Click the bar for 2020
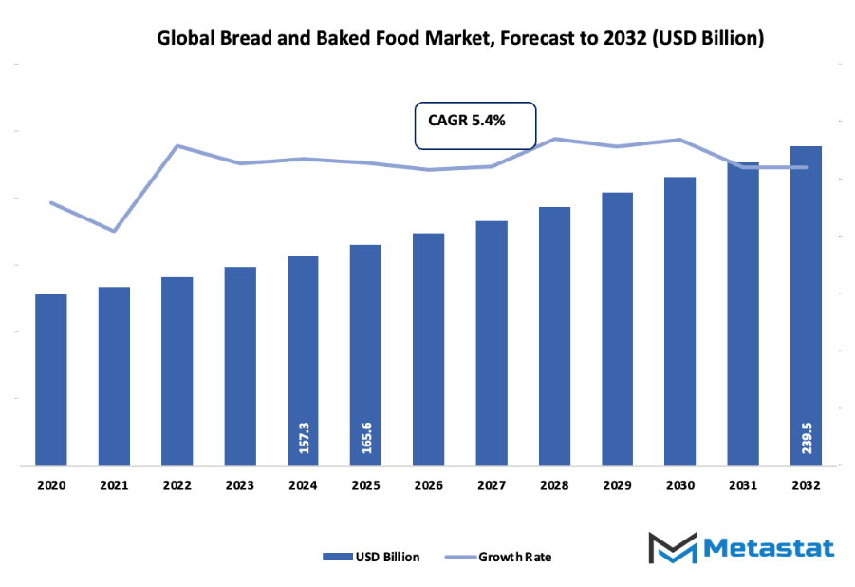coord(51,380)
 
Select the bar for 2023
coord(240,367)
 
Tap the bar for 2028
coord(554,336)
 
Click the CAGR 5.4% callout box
coord(475,124)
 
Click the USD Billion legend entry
coord(371,557)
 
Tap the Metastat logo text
coord(769,548)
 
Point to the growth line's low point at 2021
coord(114,231)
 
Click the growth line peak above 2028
coord(555,139)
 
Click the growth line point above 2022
coord(177,145)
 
